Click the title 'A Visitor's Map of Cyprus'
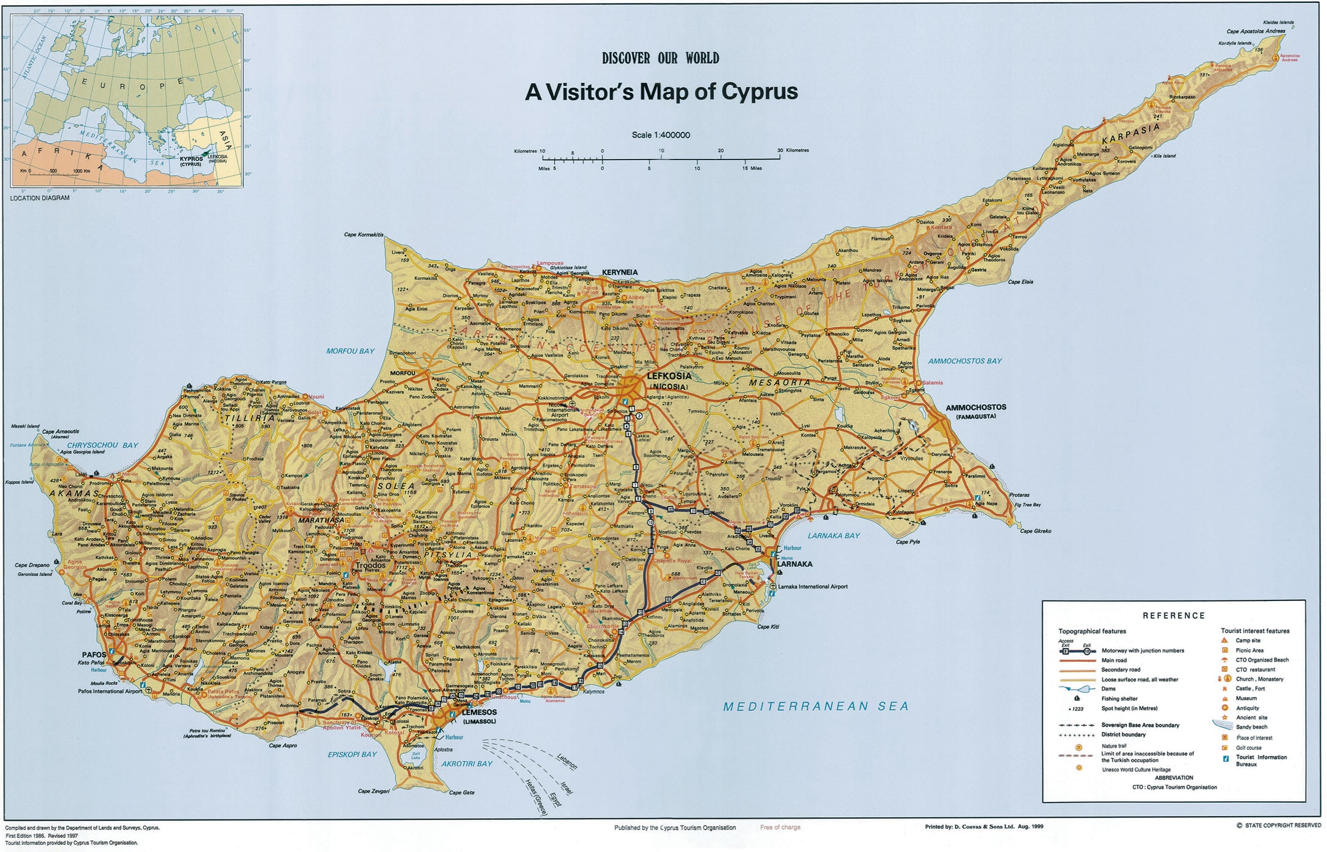(x=661, y=92)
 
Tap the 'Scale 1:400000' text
(x=661, y=135)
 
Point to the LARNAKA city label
(x=794, y=564)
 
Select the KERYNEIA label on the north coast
(x=620, y=272)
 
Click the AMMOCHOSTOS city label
(x=976, y=408)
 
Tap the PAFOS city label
(x=94, y=655)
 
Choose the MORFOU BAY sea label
(x=350, y=351)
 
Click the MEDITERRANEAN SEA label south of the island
(x=815, y=707)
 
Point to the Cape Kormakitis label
(x=363, y=235)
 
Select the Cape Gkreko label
(x=1035, y=531)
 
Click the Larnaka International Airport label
(x=812, y=586)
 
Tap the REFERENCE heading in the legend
(x=1174, y=616)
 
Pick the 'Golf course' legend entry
(x=1248, y=748)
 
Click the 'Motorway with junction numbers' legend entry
(x=1142, y=650)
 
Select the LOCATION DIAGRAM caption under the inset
(x=40, y=198)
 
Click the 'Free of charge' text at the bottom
(x=780, y=827)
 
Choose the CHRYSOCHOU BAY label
(x=102, y=445)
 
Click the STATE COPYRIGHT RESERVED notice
(x=1283, y=825)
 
